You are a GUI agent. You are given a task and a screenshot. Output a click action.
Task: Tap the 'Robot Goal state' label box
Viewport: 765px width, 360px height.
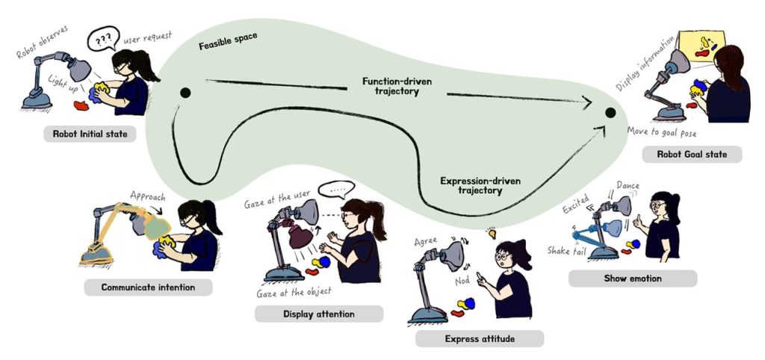(x=692, y=155)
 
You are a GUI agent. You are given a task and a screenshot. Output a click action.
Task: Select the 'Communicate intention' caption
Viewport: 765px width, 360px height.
(x=149, y=288)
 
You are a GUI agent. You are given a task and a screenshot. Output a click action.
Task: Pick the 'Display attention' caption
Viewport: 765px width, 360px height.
(x=319, y=314)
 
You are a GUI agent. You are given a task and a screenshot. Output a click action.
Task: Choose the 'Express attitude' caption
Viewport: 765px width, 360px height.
(x=480, y=338)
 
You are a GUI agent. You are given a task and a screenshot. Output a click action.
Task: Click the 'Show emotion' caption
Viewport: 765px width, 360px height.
(x=633, y=279)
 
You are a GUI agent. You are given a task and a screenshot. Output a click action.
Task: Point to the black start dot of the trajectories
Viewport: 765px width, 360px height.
(x=185, y=92)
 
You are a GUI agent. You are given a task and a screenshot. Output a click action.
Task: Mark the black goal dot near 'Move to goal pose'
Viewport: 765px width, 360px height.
(x=610, y=114)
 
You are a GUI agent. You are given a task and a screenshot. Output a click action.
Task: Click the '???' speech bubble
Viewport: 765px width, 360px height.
(x=103, y=39)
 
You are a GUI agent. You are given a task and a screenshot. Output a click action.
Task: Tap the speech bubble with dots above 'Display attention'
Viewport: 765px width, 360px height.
(x=336, y=189)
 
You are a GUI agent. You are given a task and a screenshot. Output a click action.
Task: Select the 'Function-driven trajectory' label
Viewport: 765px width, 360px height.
(x=397, y=86)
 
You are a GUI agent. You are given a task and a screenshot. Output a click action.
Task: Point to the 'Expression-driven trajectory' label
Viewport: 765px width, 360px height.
(x=480, y=186)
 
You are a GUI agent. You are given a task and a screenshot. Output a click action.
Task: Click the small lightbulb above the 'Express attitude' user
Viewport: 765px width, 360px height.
(x=492, y=233)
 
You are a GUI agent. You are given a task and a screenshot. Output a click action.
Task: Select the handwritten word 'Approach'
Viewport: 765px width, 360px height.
(x=148, y=196)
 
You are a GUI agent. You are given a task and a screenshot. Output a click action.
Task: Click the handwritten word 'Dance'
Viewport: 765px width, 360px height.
(x=628, y=186)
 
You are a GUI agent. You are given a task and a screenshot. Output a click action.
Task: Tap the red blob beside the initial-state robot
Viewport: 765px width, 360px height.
(x=81, y=105)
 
